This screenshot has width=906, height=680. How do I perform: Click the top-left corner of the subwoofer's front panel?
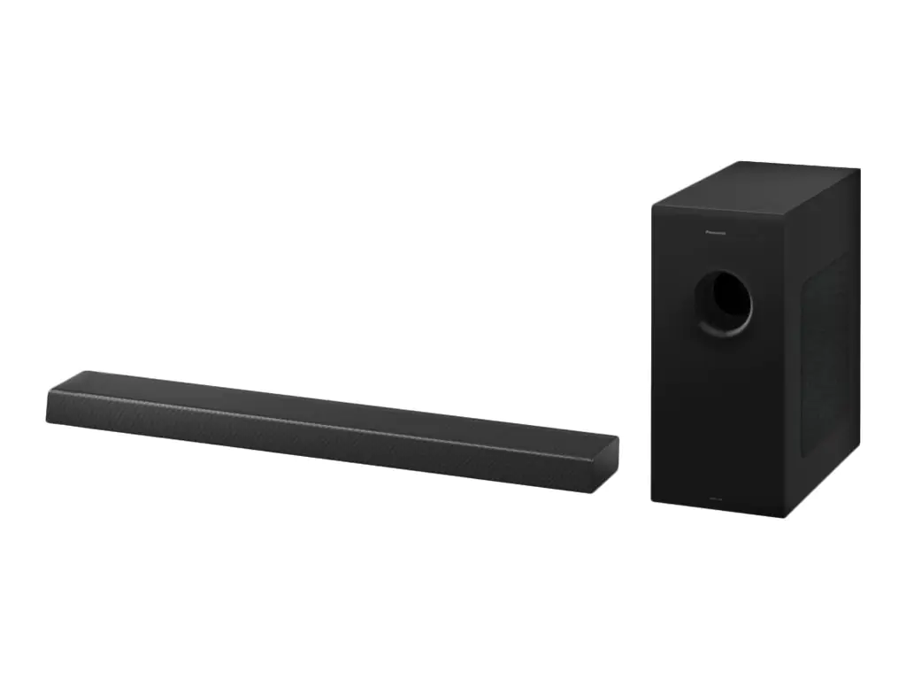point(654,205)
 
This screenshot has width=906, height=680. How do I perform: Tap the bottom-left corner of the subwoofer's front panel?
point(654,499)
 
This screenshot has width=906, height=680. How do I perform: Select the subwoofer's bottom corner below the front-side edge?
point(786,515)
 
